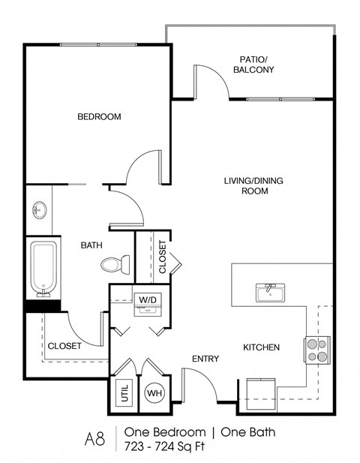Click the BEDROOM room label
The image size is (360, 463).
[99, 116]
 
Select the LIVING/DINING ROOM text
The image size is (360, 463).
[245, 185]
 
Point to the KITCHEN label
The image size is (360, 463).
[261, 347]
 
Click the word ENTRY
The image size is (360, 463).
[205, 359]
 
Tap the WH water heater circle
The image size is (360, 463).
[154, 392]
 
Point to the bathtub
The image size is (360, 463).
[43, 268]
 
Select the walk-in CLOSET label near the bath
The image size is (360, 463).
[64, 346]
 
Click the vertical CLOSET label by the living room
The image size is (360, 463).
[163, 257]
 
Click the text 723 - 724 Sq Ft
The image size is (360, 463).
[164, 447]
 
